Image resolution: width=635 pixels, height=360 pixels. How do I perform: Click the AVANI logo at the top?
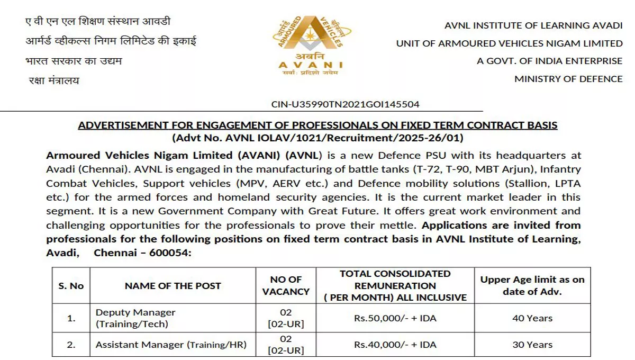311,48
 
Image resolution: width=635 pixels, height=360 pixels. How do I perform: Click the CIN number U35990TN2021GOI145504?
345,104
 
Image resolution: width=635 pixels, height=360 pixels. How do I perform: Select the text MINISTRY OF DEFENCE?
568,79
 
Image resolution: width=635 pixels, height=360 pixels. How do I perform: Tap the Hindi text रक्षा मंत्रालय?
53,80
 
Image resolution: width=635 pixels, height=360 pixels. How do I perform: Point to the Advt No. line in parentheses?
317,138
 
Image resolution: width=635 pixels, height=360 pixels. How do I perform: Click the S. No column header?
71,285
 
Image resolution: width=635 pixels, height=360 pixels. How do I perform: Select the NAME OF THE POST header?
173,285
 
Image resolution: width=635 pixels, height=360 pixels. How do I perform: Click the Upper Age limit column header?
532,285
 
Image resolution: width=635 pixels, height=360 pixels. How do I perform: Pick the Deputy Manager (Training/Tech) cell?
135,318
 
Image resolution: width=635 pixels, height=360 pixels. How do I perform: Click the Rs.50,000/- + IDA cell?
395,318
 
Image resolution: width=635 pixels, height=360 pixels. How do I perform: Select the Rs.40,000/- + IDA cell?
395,345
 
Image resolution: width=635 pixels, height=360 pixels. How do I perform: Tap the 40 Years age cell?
532,318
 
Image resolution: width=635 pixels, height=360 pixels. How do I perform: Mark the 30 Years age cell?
532,345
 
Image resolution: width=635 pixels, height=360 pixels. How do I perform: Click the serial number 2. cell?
71,345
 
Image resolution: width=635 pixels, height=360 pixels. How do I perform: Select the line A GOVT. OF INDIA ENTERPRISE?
549,61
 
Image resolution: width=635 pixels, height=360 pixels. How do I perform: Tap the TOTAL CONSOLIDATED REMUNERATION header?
395,285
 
